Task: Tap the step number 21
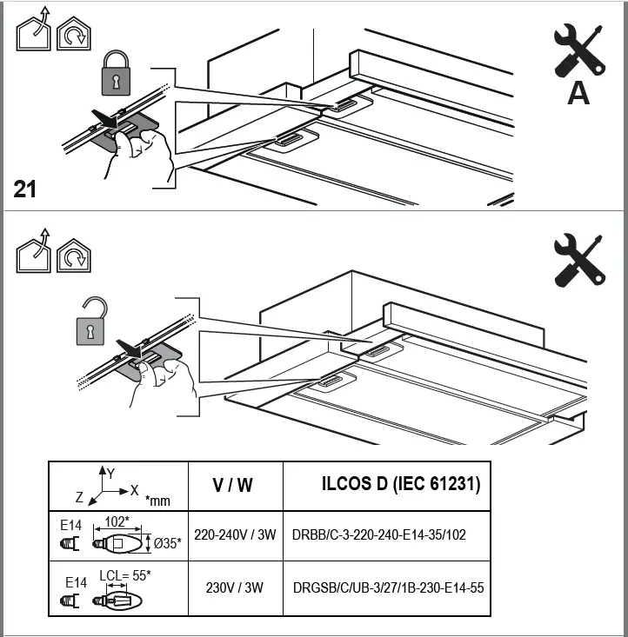pyautogui.click(x=25, y=189)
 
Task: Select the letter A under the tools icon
pyautogui.click(x=578, y=93)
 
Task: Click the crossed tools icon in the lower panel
pyautogui.click(x=579, y=258)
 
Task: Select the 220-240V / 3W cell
pyautogui.click(x=233, y=534)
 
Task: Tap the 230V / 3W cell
pyautogui.click(x=233, y=587)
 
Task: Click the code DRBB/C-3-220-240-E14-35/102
pyautogui.click(x=379, y=534)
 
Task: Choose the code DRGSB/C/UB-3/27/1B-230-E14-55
pyautogui.click(x=389, y=587)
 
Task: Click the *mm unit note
pyautogui.click(x=158, y=501)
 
